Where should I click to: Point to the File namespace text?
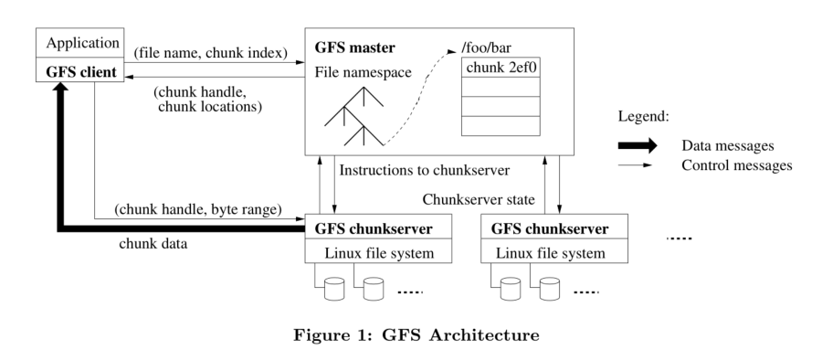tap(364, 70)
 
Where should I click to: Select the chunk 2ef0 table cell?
tap(501, 67)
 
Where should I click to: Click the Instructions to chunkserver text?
tap(426, 171)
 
